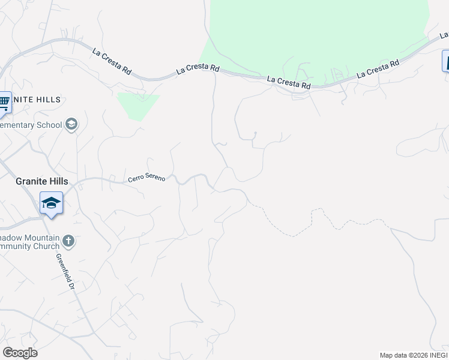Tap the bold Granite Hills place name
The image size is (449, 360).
[x=42, y=181]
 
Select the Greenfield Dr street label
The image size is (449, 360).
[x=65, y=271]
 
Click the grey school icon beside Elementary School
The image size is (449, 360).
[x=71, y=125]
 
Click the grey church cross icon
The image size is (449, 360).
[x=68, y=241]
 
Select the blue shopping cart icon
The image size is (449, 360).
[x=4, y=102]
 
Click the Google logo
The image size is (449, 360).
[x=20, y=352]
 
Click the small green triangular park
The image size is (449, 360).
[x=138, y=105]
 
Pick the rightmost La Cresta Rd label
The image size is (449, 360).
[x=378, y=69]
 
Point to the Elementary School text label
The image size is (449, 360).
[x=31, y=125]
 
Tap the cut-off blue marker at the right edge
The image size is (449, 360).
[x=445, y=61]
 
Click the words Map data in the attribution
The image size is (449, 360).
[x=394, y=355]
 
